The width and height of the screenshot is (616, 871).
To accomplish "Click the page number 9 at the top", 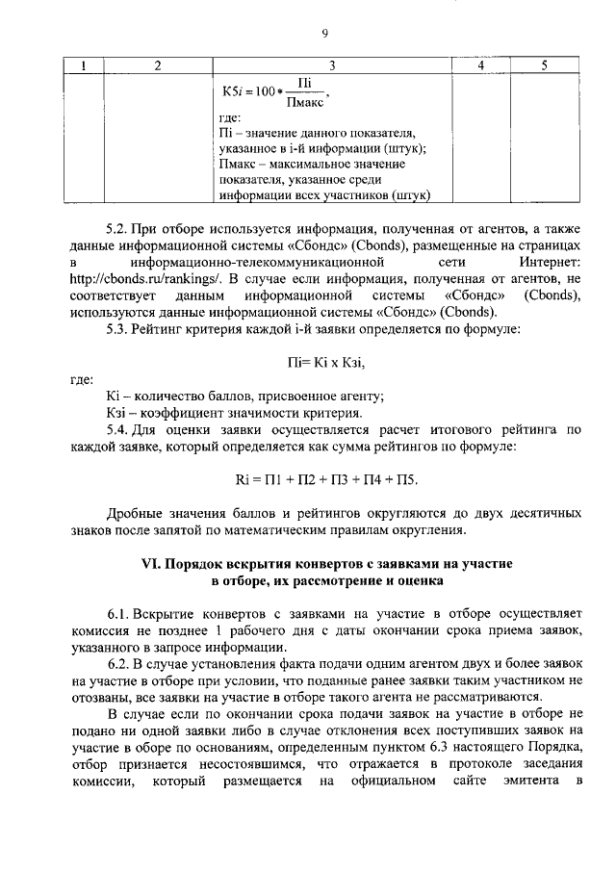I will pos(325,34).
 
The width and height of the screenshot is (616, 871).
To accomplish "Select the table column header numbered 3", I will pos(331,65).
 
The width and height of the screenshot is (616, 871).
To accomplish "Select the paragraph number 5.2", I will pos(117,230).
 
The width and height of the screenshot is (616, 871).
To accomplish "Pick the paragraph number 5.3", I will pos(117,329).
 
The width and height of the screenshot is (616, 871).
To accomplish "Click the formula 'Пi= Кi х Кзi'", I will pos(327,362).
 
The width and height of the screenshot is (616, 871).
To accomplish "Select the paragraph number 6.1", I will pos(117,613).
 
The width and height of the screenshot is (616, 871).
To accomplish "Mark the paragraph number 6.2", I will pos(117,663).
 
